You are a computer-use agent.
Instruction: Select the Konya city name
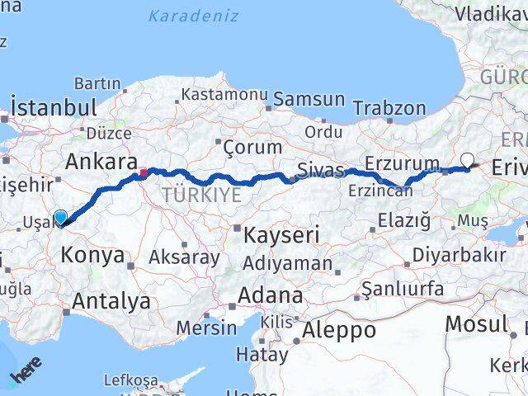pyautogui.click(x=92, y=256)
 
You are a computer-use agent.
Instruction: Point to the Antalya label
pyautogui.click(x=111, y=300)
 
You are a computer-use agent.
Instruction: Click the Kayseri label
pyautogui.click(x=280, y=235)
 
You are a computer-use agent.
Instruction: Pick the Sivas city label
pyautogui.click(x=320, y=171)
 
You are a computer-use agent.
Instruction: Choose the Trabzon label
pyautogui.click(x=389, y=108)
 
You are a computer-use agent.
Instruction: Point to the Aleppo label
pyautogui.click(x=338, y=330)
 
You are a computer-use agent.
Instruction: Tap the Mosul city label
pyautogui.click(x=476, y=323)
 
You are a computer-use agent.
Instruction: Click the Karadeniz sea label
pyautogui.click(x=194, y=16)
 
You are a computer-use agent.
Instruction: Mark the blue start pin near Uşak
pyautogui.click(x=60, y=218)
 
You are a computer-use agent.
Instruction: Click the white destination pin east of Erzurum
pyautogui.click(x=468, y=160)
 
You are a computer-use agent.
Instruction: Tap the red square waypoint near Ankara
pyautogui.click(x=143, y=173)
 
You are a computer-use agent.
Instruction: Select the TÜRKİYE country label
pyautogui.click(x=202, y=195)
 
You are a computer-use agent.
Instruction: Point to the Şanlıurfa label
pyautogui.click(x=403, y=290)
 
